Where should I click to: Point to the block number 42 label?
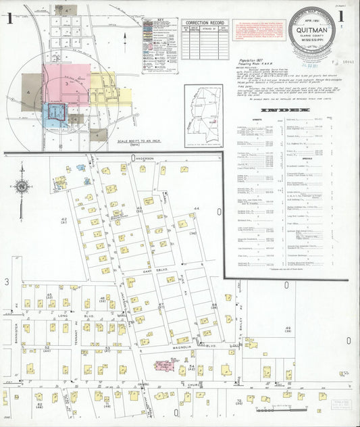point(64,220)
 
